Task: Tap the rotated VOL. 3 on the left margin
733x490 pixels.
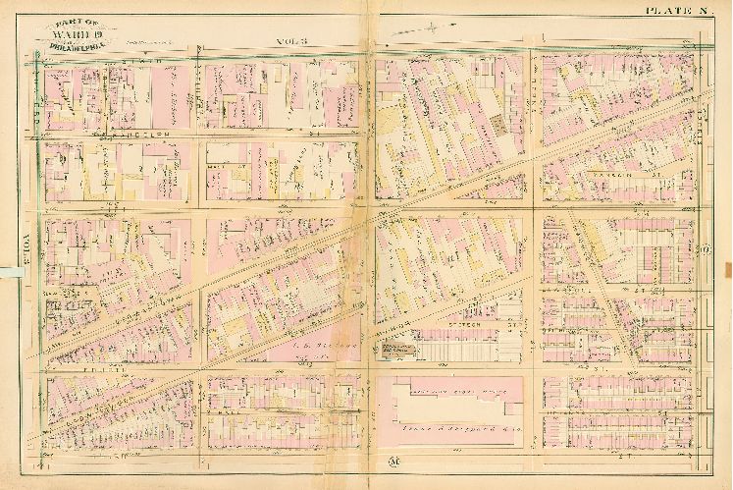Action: click(x=26, y=243)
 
